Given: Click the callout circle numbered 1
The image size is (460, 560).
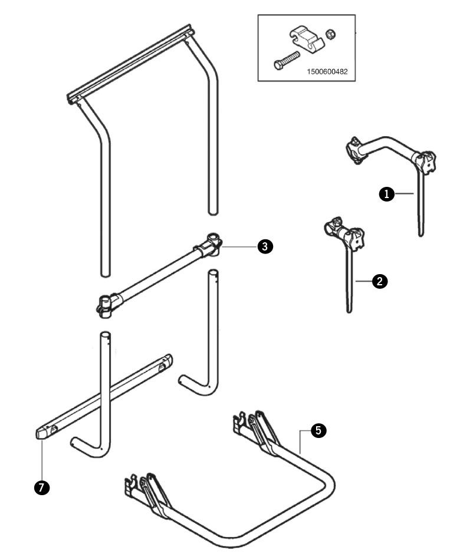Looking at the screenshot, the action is point(386,195).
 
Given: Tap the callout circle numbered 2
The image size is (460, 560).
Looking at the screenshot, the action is point(380,281).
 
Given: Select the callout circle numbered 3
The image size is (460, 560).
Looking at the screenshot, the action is point(265,246).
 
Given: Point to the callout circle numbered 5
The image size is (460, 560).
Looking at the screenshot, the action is point(318,431).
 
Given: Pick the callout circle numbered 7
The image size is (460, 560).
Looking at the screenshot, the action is point(42,487).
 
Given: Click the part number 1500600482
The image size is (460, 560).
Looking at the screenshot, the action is point(327,71).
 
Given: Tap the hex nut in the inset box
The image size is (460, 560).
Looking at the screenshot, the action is point(330,34).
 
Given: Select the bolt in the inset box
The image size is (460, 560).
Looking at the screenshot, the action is point(286,61).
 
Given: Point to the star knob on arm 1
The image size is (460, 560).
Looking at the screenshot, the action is point(426,163).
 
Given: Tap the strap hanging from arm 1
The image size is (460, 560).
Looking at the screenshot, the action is point(420,203).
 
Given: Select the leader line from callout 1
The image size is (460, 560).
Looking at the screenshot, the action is point(404,194).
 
